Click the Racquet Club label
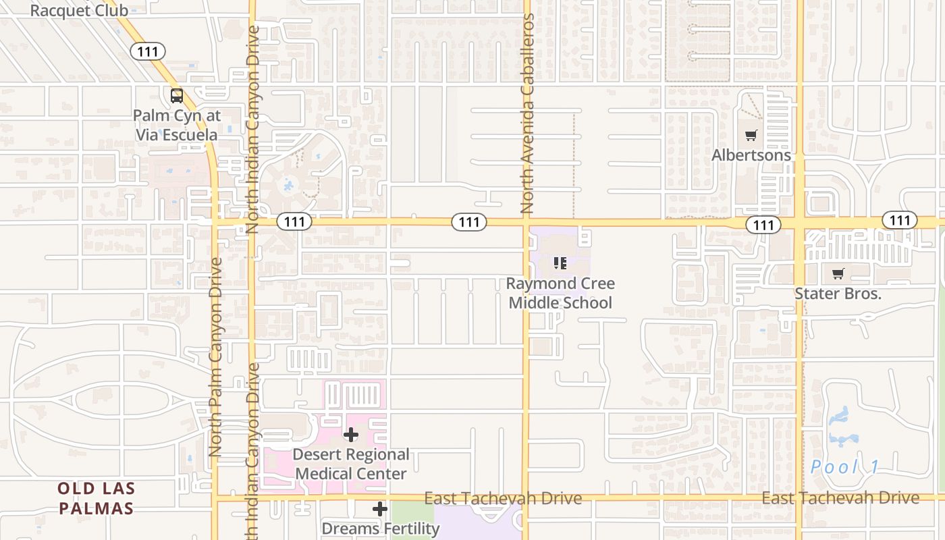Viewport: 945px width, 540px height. click(79, 11)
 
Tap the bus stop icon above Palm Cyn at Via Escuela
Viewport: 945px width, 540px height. click(176, 96)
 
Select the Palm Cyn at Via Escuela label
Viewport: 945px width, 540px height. click(176, 125)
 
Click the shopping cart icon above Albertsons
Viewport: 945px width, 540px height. click(751, 135)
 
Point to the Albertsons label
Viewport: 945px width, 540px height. click(751, 155)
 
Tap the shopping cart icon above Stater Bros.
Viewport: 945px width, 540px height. click(838, 273)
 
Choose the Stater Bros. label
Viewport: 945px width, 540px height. click(838, 294)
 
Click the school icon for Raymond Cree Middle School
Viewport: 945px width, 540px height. click(560, 263)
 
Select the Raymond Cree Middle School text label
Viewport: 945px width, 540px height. click(560, 293)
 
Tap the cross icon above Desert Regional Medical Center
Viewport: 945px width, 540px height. click(351, 435)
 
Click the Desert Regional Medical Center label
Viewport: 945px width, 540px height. click(351, 464)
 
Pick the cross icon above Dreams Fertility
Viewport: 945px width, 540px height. click(380, 508)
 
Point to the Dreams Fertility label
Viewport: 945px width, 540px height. click(380, 528)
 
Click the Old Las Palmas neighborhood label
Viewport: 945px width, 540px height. click(96, 498)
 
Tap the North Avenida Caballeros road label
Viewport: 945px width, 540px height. click(527, 115)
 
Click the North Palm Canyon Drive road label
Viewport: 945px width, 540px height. click(215, 358)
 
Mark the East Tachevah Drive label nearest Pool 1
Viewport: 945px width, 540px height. click(840, 498)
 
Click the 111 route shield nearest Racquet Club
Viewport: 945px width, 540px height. click(148, 51)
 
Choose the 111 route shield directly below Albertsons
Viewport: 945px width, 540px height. click(763, 225)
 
